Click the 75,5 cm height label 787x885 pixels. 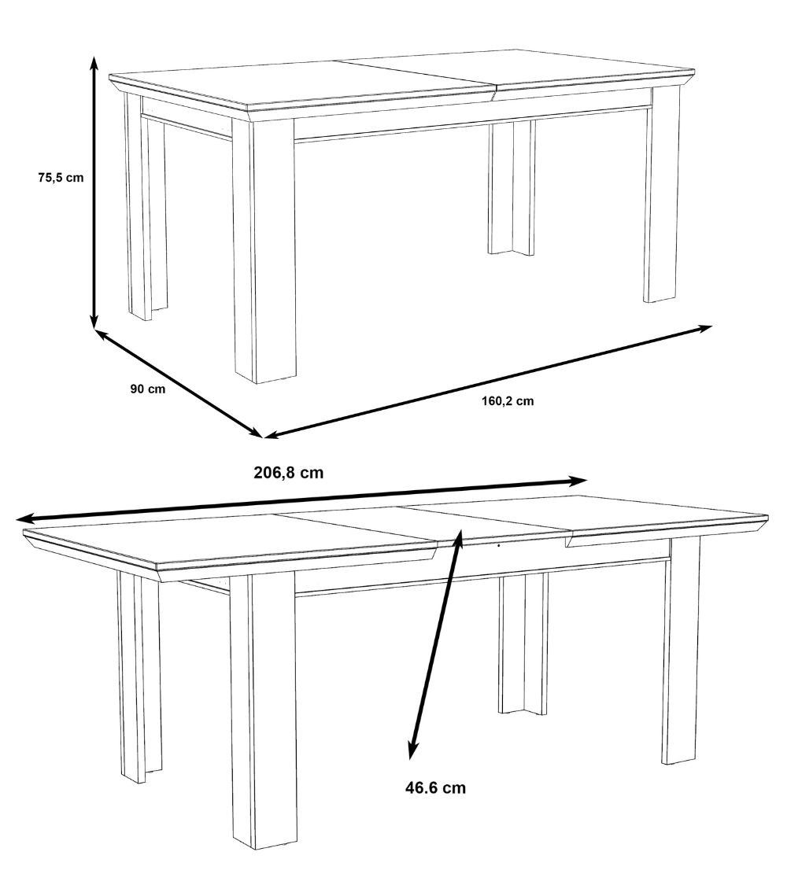pyautogui.click(x=60, y=178)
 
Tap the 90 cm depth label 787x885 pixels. pyautogui.click(x=148, y=389)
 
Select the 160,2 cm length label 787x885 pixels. pyautogui.click(x=508, y=400)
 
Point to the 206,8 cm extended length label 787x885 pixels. pyautogui.click(x=289, y=473)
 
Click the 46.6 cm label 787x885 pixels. pyautogui.click(x=435, y=787)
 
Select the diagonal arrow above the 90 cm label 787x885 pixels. pyautogui.click(x=179, y=382)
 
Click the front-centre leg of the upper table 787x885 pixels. pyautogui.click(x=263, y=252)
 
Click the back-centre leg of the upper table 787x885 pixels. pyautogui.click(x=510, y=189)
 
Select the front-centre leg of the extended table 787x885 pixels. pyautogui.click(x=262, y=708)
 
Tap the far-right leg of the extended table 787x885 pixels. pyautogui.click(x=681, y=653)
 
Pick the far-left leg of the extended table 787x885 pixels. pyautogui.click(x=139, y=677)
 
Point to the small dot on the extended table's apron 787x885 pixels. pyautogui.click(x=498, y=544)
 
